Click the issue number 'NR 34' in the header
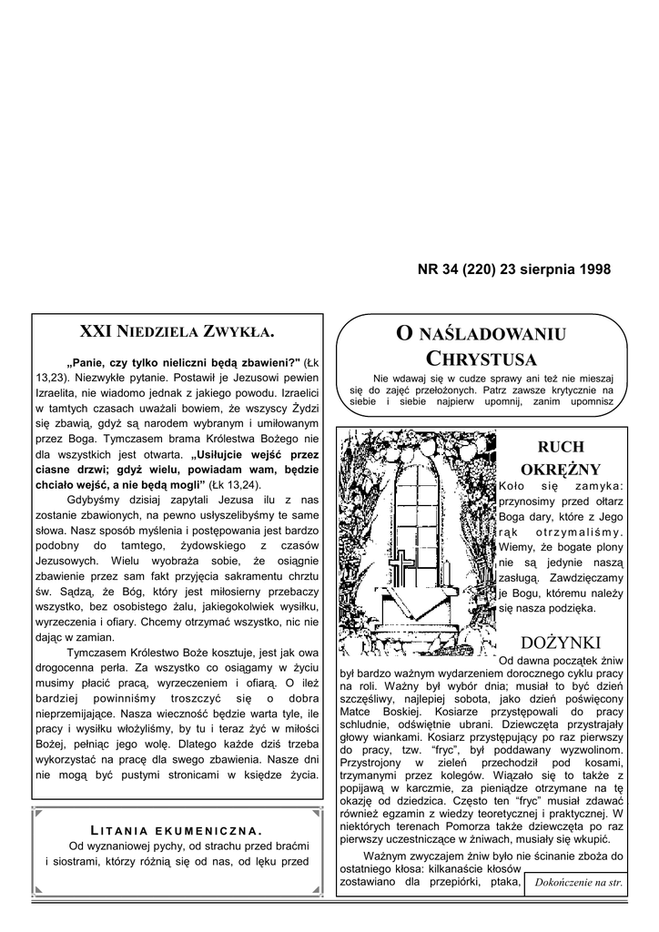[437, 269]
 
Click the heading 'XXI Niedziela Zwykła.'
[177, 330]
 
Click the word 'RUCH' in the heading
[561, 447]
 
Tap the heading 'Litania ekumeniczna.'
[177, 829]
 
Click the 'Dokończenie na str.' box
[578, 883]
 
